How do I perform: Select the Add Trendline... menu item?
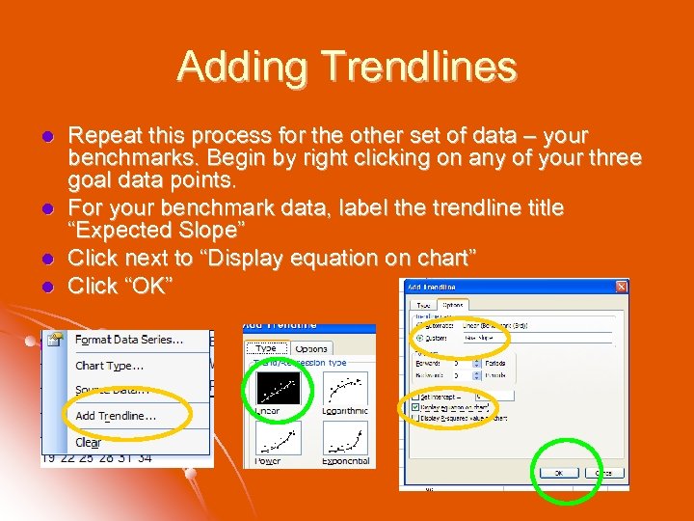(116, 416)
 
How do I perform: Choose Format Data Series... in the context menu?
(129, 340)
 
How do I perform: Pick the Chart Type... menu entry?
(109, 366)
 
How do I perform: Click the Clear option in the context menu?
(88, 442)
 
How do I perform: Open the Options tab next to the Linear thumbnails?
(311, 347)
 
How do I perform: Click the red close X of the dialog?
(621, 287)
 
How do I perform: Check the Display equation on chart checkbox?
(415, 407)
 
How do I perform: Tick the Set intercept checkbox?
(415, 397)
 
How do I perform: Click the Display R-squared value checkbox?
(415, 418)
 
